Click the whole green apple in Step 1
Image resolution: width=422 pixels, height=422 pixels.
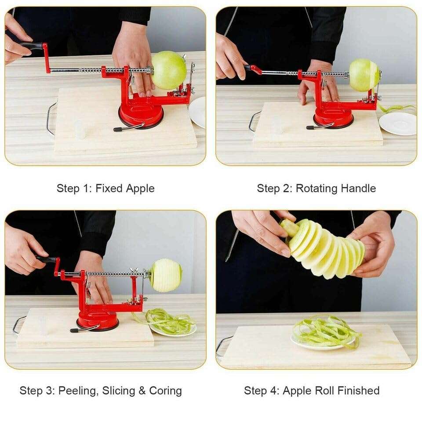pyautogui.click(x=169, y=70)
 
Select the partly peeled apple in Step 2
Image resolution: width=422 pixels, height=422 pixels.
pyautogui.click(x=364, y=75)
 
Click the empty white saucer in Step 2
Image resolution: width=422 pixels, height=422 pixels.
pyautogui.click(x=397, y=124)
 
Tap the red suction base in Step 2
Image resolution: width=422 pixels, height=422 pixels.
pyautogui.click(x=333, y=117)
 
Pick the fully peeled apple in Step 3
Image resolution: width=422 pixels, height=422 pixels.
pyautogui.click(x=165, y=275)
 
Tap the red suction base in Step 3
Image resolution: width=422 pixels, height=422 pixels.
pyautogui.click(x=98, y=322)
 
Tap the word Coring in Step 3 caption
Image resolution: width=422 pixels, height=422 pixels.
pyautogui.click(x=165, y=391)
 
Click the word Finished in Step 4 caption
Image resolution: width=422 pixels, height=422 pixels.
pyautogui.click(x=356, y=390)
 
